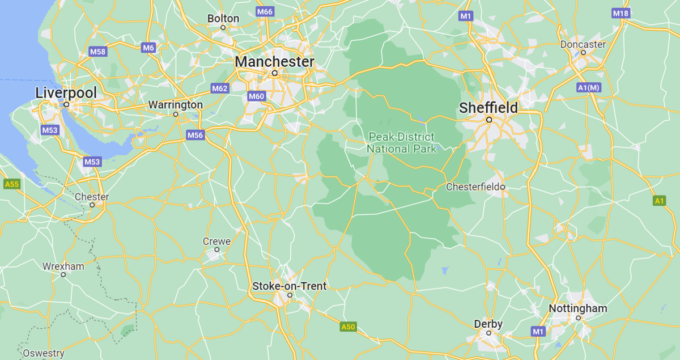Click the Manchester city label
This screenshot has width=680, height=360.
[275, 61]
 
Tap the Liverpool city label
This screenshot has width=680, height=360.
[66, 92]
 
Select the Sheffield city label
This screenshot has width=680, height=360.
[488, 108]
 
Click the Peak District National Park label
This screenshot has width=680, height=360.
[402, 142]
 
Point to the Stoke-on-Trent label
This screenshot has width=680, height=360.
[290, 286]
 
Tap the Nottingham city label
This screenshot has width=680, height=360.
[577, 308]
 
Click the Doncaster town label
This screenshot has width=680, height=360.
[583, 44]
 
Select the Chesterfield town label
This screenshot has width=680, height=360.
[473, 187]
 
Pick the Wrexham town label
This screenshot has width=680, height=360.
[63, 266]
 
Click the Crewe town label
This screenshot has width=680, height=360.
[216, 241]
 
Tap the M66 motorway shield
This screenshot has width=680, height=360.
[265, 12]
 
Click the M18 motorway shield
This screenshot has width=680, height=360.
[620, 14]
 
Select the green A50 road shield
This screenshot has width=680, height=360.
[348, 327]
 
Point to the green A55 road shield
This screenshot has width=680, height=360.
[11, 184]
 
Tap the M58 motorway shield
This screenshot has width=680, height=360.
[97, 52]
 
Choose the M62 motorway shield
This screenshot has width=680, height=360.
[219, 88]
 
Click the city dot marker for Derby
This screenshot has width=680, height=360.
[488, 333]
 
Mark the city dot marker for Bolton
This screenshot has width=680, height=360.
[223, 27]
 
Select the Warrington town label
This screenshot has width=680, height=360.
[175, 105]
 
